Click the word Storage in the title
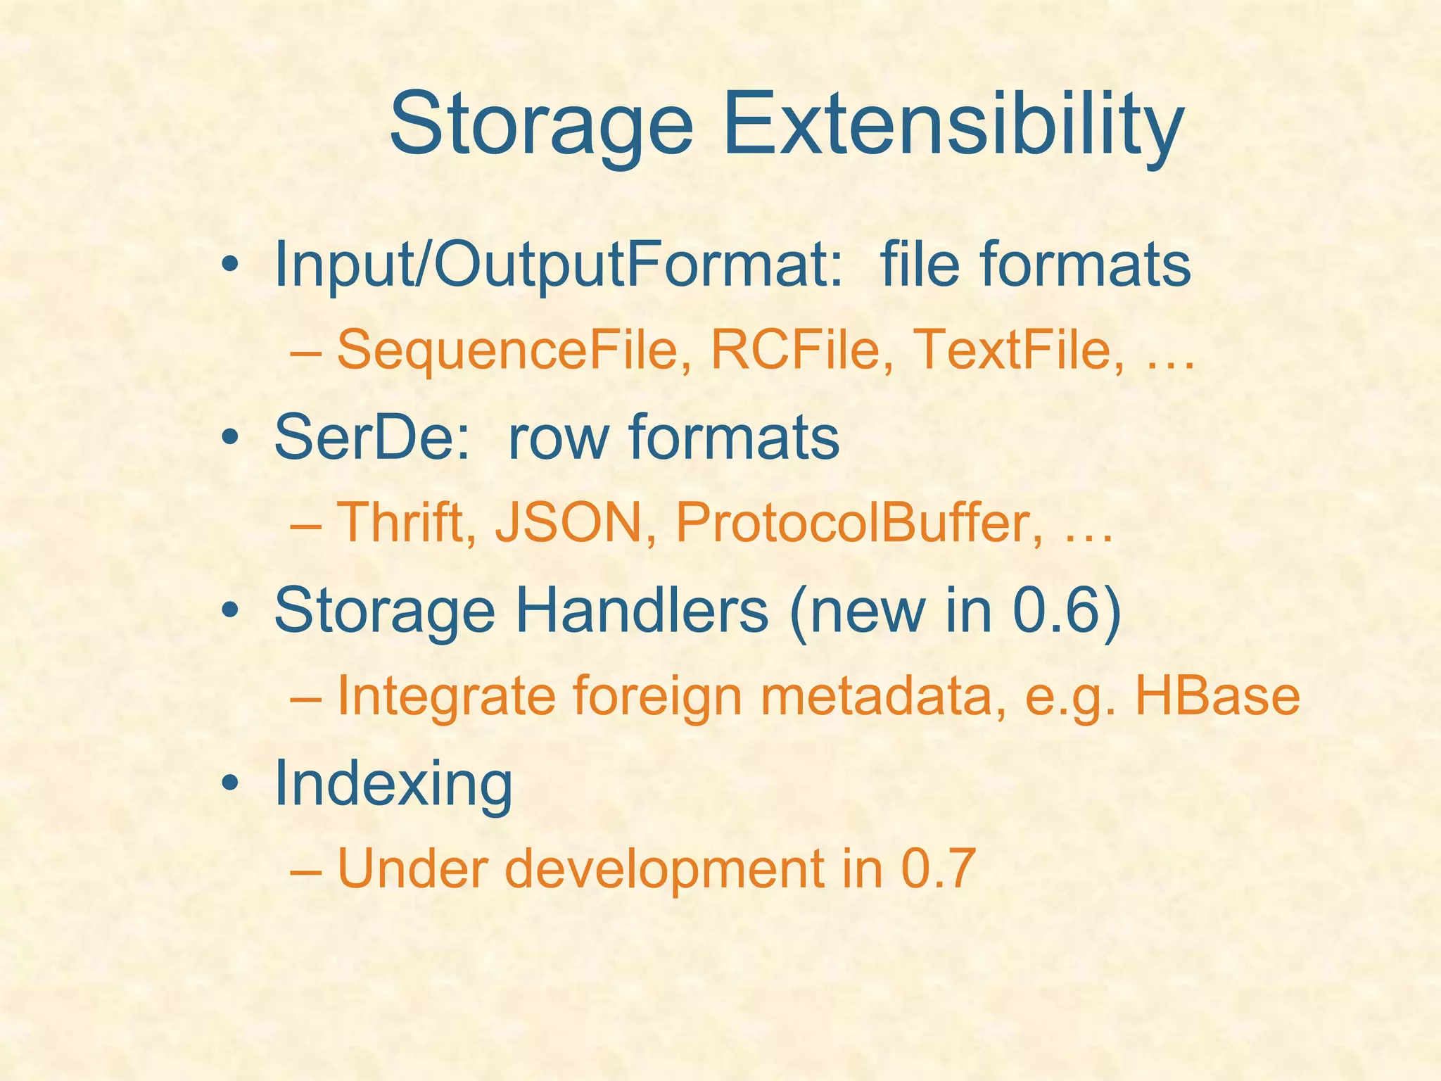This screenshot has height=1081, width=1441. pyautogui.click(x=541, y=127)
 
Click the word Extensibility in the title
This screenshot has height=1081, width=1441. pyautogui.click(x=953, y=127)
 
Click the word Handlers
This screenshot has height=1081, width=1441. pyautogui.click(x=641, y=610)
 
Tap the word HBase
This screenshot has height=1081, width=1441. pyautogui.click(x=1217, y=695)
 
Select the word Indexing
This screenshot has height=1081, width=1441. pyautogui.click(x=393, y=785)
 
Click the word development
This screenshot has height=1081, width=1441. pyautogui.click(x=664, y=870)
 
